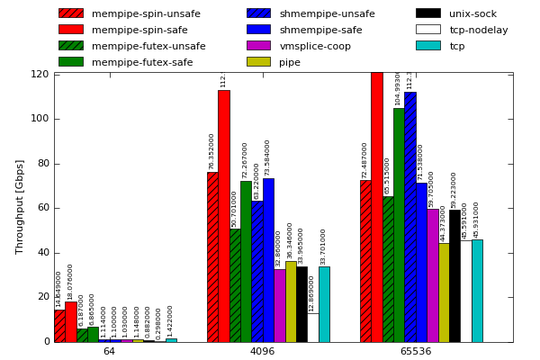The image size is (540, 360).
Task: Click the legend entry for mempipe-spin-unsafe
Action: pyautogui.click(x=146, y=13)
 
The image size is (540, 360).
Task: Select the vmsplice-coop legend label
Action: pyautogui.click(x=315, y=46)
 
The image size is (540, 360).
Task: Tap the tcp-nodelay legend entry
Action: pyautogui.click(x=478, y=30)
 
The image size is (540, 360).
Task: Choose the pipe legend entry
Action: pyautogui.click(x=290, y=62)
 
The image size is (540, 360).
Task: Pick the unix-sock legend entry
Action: pyautogui.click(x=472, y=13)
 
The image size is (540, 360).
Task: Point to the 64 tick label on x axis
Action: pyautogui.click(x=109, y=351)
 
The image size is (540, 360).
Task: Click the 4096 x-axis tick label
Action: pyautogui.click(x=262, y=351)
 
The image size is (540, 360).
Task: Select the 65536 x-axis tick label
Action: pyautogui.click(x=415, y=351)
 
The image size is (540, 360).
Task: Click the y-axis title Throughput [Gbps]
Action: pyautogui.click(x=20, y=206)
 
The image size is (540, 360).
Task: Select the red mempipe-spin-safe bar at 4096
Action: pyautogui.click(x=223, y=216)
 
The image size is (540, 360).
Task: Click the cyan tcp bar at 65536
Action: pyautogui.click(x=477, y=291)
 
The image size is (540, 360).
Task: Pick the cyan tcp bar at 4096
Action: pyautogui.click(x=324, y=304)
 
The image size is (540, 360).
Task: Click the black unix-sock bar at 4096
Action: pyautogui.click(x=301, y=304)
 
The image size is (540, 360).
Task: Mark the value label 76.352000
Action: pyautogui.click(x=212, y=151)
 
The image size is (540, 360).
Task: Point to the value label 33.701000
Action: pyautogui.click(x=324, y=247)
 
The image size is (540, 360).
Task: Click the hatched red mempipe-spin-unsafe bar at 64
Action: pyautogui.click(x=59, y=326)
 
